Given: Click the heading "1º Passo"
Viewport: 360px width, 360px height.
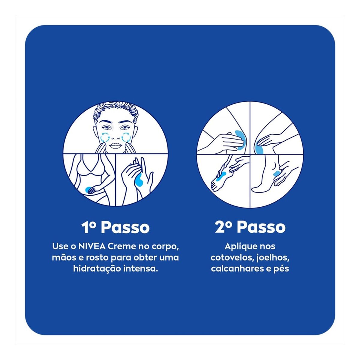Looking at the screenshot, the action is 115,227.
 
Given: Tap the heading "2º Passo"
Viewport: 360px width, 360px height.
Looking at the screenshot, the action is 250,227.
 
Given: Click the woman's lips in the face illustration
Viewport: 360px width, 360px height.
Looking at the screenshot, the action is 115,145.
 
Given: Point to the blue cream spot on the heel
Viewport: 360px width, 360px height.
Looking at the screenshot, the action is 276,174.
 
